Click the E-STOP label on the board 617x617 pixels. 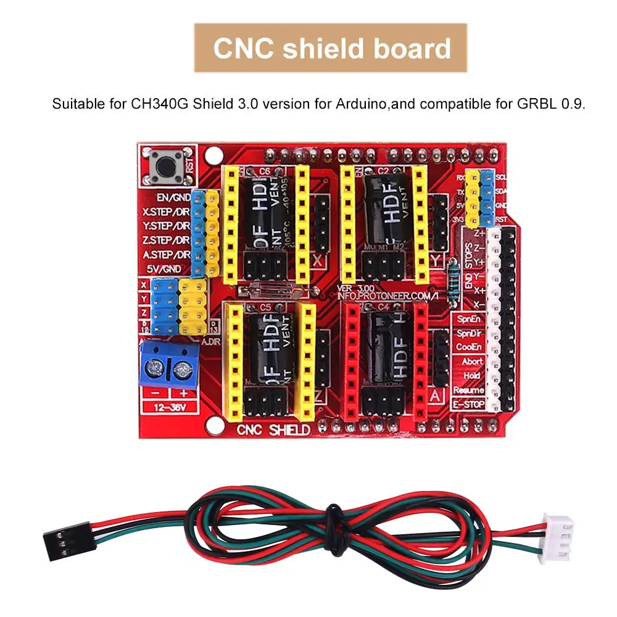(x=469, y=405)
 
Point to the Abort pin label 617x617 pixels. (x=472, y=361)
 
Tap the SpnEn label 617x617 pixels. (x=469, y=319)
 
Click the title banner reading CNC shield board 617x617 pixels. (x=331, y=48)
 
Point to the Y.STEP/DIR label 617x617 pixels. (x=165, y=226)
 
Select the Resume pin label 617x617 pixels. (x=469, y=391)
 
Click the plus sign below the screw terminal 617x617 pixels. (x=183, y=393)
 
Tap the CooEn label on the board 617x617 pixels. (x=469, y=347)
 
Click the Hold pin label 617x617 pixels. (x=473, y=376)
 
